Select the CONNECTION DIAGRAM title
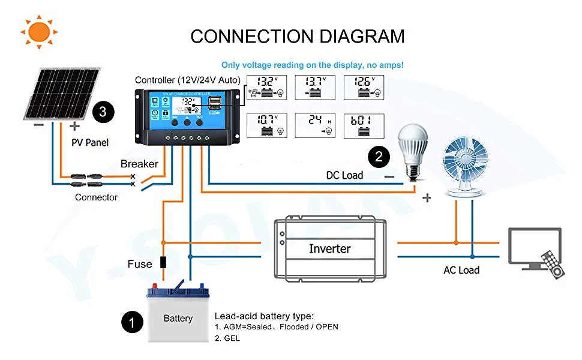click(298, 36)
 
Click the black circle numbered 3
click(103, 112)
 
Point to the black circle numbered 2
click(379, 157)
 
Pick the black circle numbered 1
click(133, 322)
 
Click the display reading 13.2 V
click(266, 87)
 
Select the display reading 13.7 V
click(314, 87)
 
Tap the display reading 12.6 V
click(363, 87)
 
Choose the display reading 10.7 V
click(266, 125)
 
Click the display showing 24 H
click(314, 125)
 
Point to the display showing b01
click(363, 125)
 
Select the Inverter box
click(329, 248)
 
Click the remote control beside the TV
click(553, 263)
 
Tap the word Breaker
click(139, 164)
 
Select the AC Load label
click(461, 270)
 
